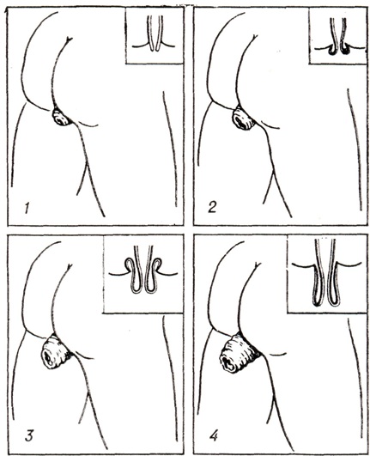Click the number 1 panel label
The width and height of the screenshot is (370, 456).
click(x=27, y=208)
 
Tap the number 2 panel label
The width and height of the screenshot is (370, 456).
click(x=212, y=207)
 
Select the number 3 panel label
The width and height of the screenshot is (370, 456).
click(x=28, y=435)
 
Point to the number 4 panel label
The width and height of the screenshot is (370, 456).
click(x=214, y=435)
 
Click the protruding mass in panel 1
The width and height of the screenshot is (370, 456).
click(x=61, y=117)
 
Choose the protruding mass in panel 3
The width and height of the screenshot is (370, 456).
click(x=55, y=351)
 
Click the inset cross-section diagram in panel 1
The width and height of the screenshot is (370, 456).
click(x=155, y=35)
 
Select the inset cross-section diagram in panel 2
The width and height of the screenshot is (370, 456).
click(x=337, y=35)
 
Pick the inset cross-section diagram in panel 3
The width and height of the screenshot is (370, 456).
click(x=143, y=274)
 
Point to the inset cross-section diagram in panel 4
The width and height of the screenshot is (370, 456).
click(x=327, y=274)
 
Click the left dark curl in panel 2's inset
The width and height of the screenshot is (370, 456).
click(x=331, y=50)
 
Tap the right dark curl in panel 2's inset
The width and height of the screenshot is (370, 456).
click(x=345, y=50)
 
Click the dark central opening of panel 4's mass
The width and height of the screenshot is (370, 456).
click(x=227, y=362)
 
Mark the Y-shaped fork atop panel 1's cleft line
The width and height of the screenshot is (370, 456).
click(x=70, y=40)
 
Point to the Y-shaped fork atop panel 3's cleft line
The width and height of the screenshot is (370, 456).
click(x=70, y=267)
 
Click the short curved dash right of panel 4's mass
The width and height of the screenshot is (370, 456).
click(x=277, y=354)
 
